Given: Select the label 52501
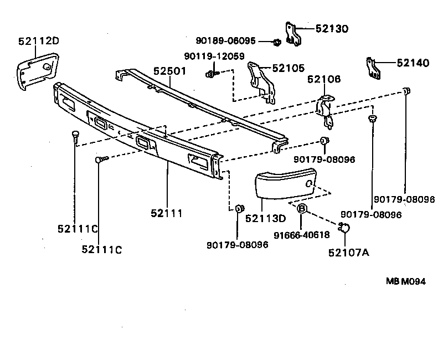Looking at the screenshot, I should (169, 71).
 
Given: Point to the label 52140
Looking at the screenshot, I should (413, 63).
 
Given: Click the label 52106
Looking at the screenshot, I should (325, 79).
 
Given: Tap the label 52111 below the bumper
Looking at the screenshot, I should (167, 213).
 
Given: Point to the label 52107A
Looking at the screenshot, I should (348, 253).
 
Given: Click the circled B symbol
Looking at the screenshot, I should (302, 209).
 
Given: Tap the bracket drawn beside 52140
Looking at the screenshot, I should (373, 67).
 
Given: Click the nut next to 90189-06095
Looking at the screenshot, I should (277, 42).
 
